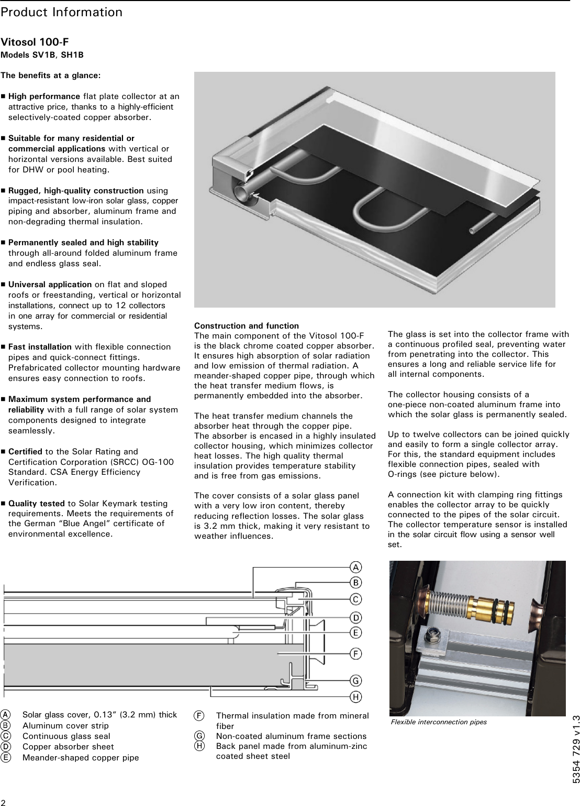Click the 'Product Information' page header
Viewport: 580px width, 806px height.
point(61,12)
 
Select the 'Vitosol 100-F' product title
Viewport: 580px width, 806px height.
point(35,42)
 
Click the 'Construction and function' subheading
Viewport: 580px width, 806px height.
point(246,326)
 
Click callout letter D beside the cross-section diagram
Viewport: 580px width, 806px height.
point(355,617)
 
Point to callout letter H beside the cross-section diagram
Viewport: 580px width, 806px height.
point(355,697)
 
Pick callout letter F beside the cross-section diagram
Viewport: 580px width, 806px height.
point(355,653)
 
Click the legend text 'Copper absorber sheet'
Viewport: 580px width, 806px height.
point(68,747)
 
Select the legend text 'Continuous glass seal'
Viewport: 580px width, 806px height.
point(66,736)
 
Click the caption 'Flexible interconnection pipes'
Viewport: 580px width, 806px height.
point(439,722)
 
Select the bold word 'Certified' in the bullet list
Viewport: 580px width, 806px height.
point(26,452)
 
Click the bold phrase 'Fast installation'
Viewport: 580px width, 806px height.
point(40,347)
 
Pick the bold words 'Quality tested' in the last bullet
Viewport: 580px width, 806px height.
point(36,504)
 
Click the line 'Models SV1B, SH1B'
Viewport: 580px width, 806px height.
point(42,55)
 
